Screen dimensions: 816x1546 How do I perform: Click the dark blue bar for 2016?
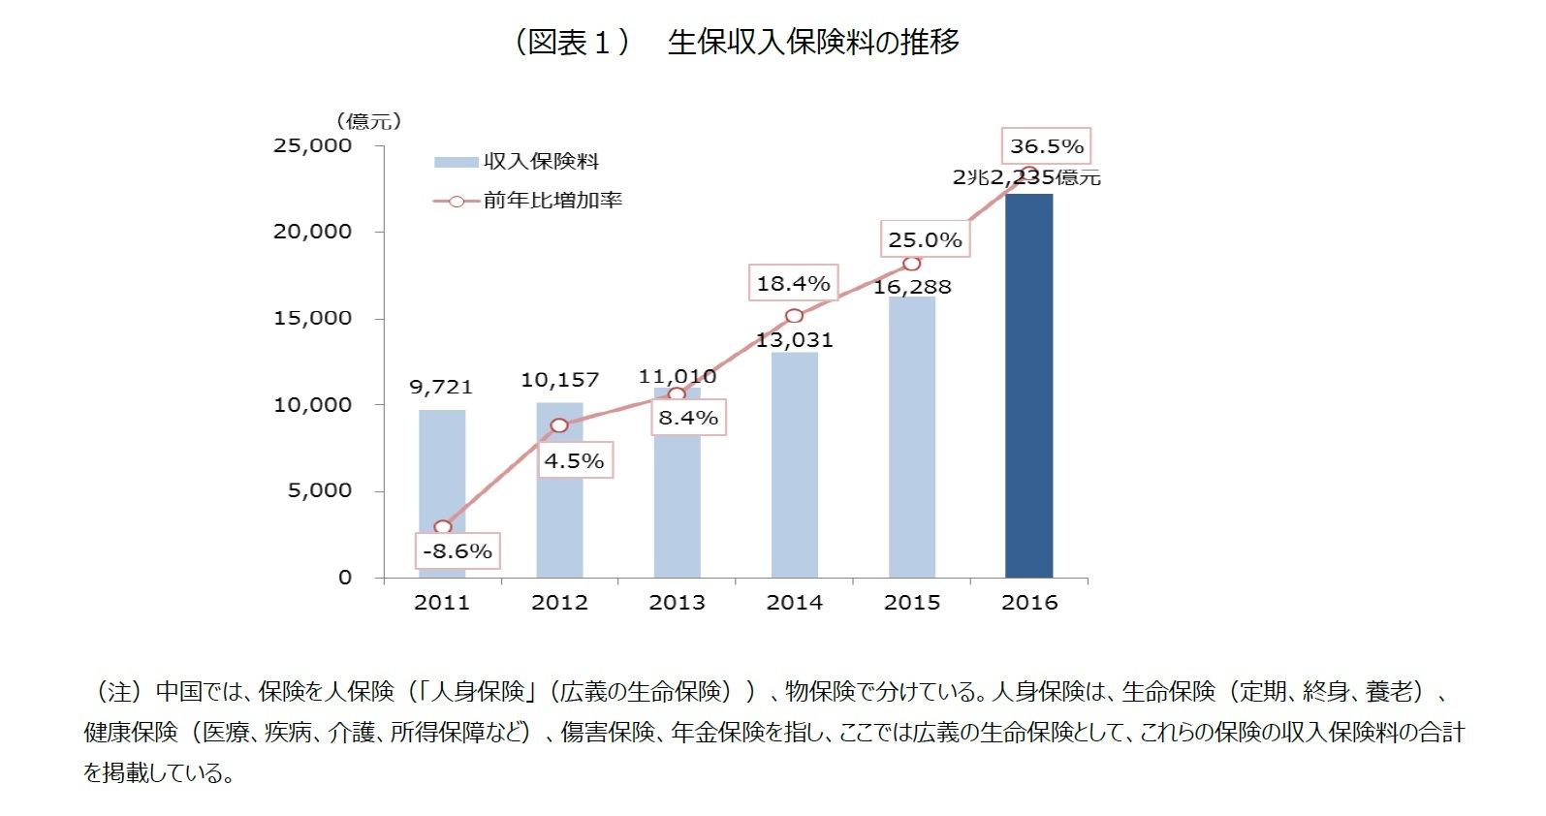pyautogui.click(x=1028, y=388)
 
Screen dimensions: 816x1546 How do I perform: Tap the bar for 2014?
pyautogui.click(x=795, y=465)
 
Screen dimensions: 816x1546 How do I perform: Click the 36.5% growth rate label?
pyautogui.click(x=1046, y=146)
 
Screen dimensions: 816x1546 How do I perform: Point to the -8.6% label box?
pyautogui.click(x=457, y=551)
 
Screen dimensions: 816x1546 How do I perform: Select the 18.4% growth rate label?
pyautogui.click(x=793, y=284)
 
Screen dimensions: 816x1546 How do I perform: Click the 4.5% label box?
pyautogui.click(x=574, y=461)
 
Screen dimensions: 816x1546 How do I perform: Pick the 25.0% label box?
pyautogui.click(x=925, y=240)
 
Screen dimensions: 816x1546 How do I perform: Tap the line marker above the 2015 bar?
pyautogui.click(x=911, y=264)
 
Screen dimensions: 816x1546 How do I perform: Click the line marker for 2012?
pyautogui.click(x=559, y=425)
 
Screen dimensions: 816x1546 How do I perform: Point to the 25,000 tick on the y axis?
pyautogui.click(x=312, y=145)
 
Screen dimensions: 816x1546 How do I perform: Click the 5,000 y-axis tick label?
pyautogui.click(x=319, y=491)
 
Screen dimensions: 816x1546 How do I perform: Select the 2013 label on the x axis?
pyautogui.click(x=677, y=603)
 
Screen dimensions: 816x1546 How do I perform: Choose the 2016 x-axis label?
pyautogui.click(x=1029, y=603)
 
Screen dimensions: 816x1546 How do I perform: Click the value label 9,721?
pyautogui.click(x=441, y=387)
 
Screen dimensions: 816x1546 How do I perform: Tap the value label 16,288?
pyautogui.click(x=912, y=287)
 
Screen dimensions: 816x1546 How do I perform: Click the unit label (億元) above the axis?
pyautogui.click(x=369, y=121)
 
